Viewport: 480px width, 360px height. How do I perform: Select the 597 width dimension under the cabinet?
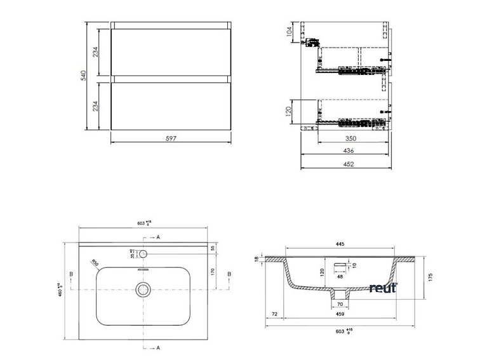[x=170, y=138]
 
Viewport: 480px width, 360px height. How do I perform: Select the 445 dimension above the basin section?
[x=340, y=244]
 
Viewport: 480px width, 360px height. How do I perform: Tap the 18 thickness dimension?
[x=257, y=258]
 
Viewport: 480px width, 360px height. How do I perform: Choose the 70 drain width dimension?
[x=340, y=304]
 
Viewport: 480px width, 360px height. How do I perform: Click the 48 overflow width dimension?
[x=340, y=277]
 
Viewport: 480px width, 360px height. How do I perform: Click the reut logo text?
[x=383, y=288]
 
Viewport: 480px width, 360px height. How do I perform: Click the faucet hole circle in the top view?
[x=144, y=253]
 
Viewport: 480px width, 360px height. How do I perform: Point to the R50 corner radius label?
[x=95, y=262]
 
